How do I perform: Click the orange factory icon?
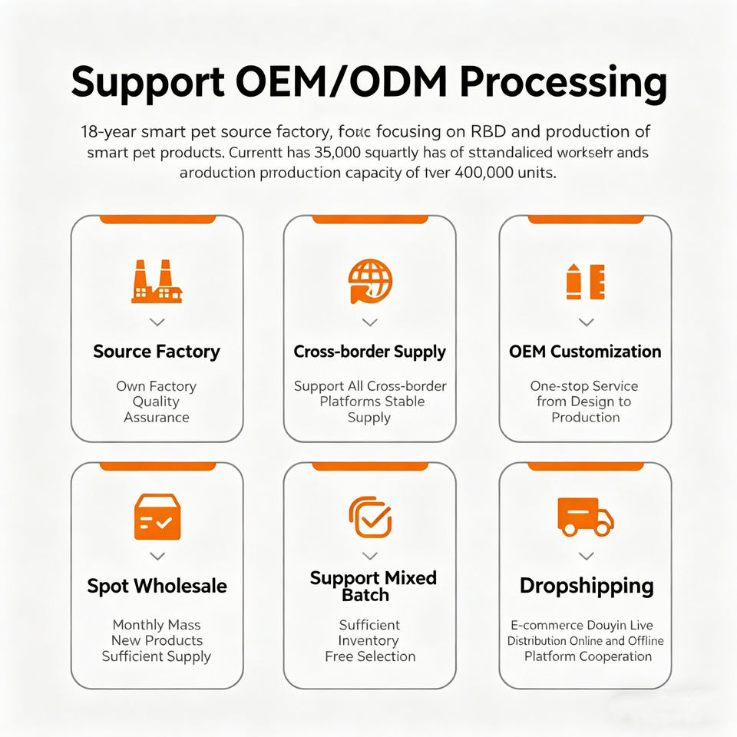(157, 282)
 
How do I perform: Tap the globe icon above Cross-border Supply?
(369, 281)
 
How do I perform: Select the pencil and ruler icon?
(586, 282)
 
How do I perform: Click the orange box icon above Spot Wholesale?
(157, 517)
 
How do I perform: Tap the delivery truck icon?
(585, 516)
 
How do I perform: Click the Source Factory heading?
(157, 352)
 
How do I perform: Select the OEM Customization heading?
(585, 352)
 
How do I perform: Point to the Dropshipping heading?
(587, 586)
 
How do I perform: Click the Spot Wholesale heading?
(157, 586)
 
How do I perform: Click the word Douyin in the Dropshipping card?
(606, 626)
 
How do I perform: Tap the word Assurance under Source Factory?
(157, 418)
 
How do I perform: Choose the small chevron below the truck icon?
(586, 556)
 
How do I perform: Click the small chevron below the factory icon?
(157, 322)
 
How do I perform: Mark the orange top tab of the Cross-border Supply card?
(369, 220)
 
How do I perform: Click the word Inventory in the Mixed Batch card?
(369, 641)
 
